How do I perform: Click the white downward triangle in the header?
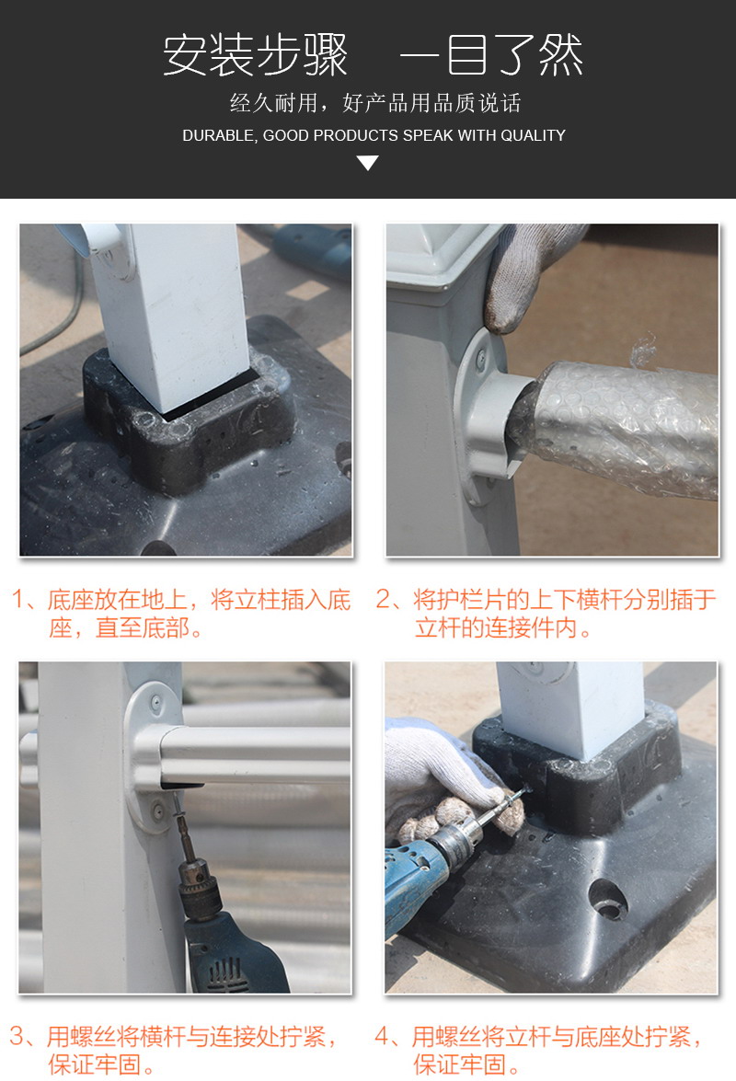368,164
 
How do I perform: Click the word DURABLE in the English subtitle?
217,135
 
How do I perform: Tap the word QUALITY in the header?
533,135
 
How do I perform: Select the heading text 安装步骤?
256,57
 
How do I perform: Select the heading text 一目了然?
490,57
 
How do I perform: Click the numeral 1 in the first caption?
18,601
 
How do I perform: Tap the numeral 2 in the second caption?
385,601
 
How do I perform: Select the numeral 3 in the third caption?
18,1037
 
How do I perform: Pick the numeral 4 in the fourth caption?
384,1037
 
